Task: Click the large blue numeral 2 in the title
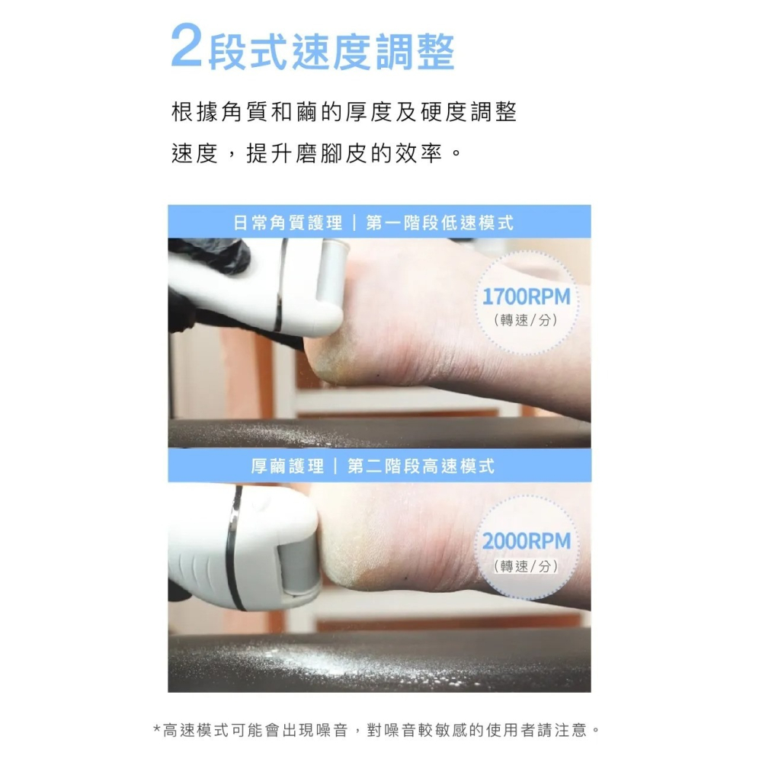click(187, 47)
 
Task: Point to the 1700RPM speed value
click(527, 297)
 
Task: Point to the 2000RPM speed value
click(527, 542)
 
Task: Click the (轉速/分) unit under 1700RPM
click(527, 320)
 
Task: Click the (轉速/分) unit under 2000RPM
click(527, 566)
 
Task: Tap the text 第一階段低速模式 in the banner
click(440, 223)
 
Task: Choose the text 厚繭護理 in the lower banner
click(287, 466)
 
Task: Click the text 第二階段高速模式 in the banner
click(421, 466)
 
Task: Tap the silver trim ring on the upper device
click(280, 286)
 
